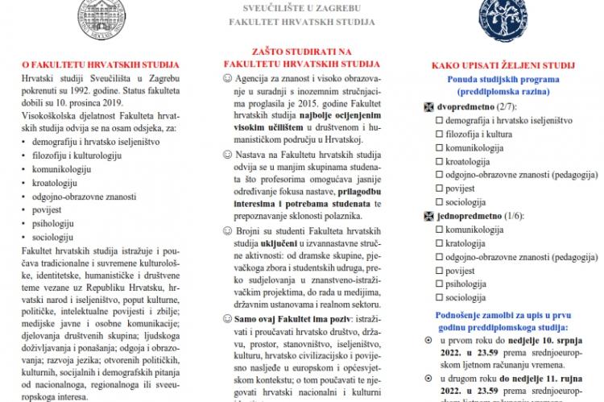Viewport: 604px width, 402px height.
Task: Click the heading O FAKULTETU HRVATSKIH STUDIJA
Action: click(x=100, y=61)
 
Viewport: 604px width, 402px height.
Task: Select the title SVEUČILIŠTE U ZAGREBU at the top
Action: click(x=301, y=8)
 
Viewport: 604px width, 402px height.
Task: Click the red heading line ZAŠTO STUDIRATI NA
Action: click(x=301, y=49)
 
